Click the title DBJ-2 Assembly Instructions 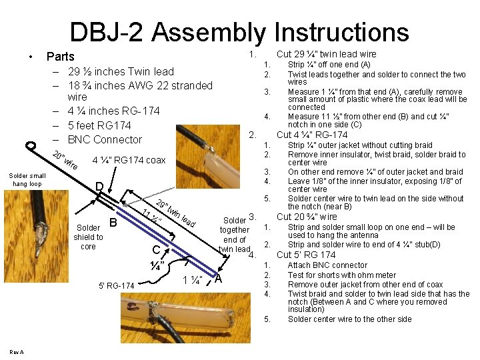239,32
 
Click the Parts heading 60,57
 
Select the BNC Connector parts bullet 105,139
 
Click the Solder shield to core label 88,237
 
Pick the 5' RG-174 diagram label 116,286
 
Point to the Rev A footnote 17,352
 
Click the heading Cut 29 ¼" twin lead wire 326,54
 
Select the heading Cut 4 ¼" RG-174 312,135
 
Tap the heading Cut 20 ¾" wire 307,217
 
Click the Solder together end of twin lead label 235,235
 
